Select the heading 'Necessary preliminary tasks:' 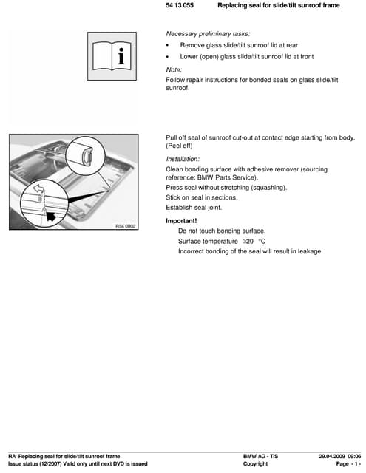click(208, 33)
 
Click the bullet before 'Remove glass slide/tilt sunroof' click(169, 45)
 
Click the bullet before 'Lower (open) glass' click(169, 56)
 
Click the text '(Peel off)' click(183, 146)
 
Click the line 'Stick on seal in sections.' click(202, 197)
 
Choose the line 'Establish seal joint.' click(194, 208)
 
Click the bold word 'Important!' click(182, 221)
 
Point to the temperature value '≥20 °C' click(254, 242)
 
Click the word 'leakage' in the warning click(308, 251)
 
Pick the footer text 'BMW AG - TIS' click(260, 456)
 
